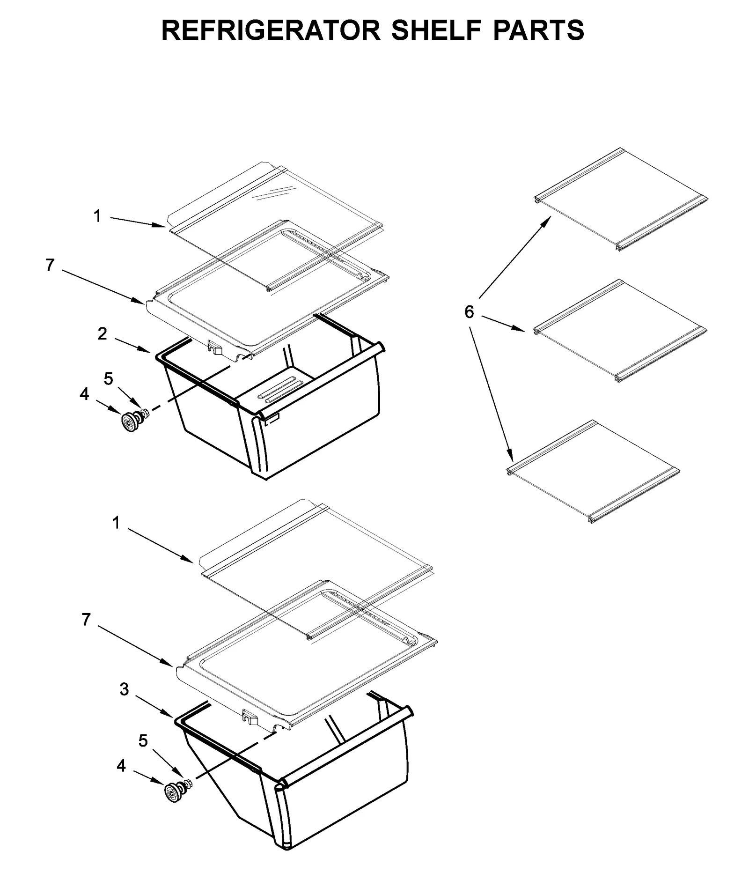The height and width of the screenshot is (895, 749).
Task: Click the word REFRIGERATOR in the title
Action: pyautogui.click(x=270, y=30)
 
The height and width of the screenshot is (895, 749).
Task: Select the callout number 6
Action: pyautogui.click(x=469, y=311)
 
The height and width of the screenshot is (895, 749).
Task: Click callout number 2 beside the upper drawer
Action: pyautogui.click(x=102, y=334)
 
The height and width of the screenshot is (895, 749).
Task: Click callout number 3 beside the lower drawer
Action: pyautogui.click(x=124, y=689)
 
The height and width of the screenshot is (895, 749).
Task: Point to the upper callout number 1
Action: pyautogui.click(x=97, y=216)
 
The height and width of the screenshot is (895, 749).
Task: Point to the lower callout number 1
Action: pyautogui.click(x=117, y=523)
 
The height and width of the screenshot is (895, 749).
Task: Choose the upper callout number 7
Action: pyautogui.click(x=50, y=266)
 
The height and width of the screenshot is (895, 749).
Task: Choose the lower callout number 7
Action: pyautogui.click(x=86, y=620)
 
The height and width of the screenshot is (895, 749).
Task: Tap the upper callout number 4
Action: pyautogui.click(x=84, y=394)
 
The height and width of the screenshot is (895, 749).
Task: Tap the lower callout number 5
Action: pyautogui.click(x=143, y=740)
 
